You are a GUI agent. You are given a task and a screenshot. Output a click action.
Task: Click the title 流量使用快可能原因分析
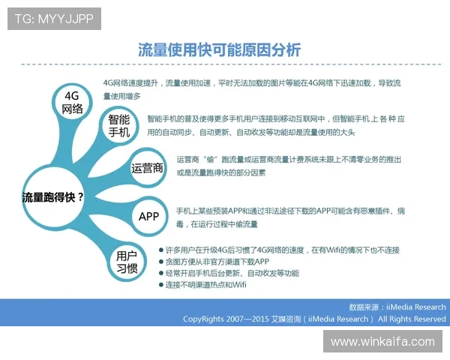[x=219, y=50]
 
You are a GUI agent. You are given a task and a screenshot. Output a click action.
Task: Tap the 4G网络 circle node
[x=72, y=102]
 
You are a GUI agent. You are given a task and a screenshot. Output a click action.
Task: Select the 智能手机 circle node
[x=118, y=126]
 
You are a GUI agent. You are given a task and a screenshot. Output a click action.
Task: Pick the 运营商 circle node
[x=147, y=168]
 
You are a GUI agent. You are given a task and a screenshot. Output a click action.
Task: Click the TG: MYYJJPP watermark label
[x=54, y=19]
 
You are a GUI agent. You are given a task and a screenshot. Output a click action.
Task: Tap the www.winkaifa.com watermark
[x=382, y=341]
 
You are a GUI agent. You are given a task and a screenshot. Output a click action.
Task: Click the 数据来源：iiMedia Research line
[x=397, y=307]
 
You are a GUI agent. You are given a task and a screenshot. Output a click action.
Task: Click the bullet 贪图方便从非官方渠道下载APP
[x=217, y=261]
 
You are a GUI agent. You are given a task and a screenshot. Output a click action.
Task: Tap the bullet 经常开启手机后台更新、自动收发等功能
[x=232, y=273]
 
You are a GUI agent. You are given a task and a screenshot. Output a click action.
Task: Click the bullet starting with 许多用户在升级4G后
[x=282, y=249]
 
